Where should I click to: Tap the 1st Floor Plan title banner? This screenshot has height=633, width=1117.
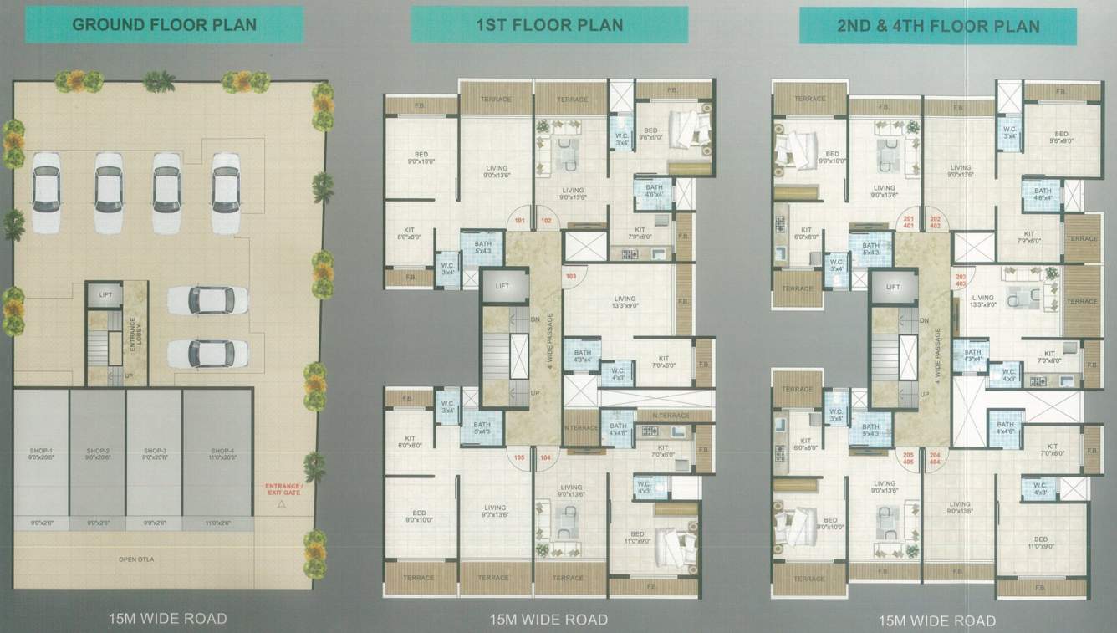[549, 24]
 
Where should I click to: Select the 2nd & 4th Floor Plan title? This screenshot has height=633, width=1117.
[938, 25]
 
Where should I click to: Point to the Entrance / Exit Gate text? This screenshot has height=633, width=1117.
[281, 489]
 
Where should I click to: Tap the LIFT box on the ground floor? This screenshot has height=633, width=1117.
[105, 294]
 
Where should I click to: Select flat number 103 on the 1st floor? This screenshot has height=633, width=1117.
[572, 276]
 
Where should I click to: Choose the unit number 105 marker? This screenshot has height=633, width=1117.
[519, 457]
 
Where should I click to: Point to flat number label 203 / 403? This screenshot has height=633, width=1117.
[961, 280]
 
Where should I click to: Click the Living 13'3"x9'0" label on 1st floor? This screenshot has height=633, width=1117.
[625, 302]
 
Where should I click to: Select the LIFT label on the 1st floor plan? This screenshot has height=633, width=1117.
[502, 286]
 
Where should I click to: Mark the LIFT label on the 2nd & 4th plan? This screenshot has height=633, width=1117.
[893, 287]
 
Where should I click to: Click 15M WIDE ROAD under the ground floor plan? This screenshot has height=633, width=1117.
[167, 619]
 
